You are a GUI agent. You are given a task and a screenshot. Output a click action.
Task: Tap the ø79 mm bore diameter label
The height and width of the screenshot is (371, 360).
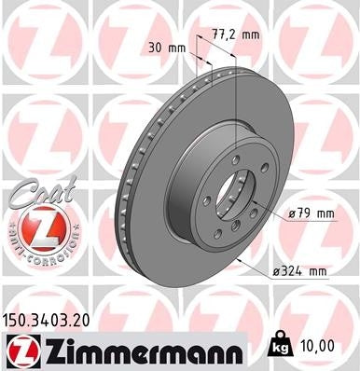(x=311, y=214)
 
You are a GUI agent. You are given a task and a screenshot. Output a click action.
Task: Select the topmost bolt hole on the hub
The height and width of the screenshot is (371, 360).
(x=234, y=157)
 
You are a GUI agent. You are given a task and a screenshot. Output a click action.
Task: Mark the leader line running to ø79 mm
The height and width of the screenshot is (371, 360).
(x=270, y=212)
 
